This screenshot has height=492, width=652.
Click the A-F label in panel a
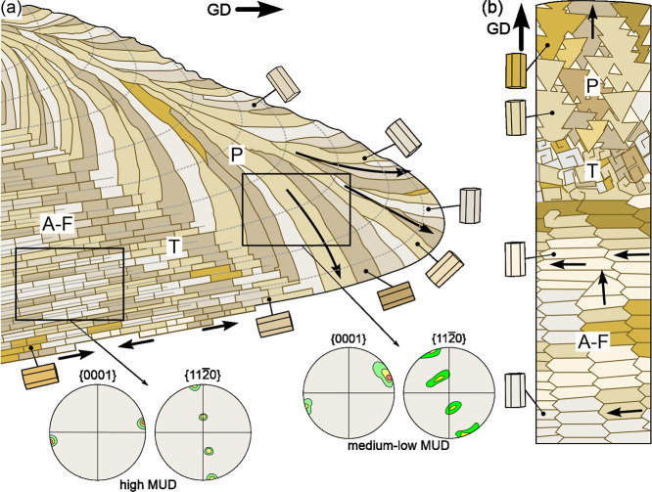pyautogui.click(x=58, y=224)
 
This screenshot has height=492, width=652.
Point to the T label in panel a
pyautogui.click(x=173, y=246)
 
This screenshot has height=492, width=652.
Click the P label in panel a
pyautogui.click(x=236, y=156)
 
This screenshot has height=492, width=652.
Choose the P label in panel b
pyautogui.click(x=592, y=86)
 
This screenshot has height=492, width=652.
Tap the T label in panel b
pyautogui.click(x=591, y=171)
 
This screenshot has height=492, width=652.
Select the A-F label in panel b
pyautogui.click(x=593, y=342)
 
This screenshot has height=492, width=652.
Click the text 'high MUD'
pyautogui.click(x=148, y=484)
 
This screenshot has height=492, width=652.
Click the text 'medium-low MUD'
pyautogui.click(x=398, y=446)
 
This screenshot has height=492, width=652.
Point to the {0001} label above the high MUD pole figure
pyautogui.click(x=97, y=376)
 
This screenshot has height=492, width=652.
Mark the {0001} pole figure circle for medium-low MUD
pyautogui.click(x=349, y=392)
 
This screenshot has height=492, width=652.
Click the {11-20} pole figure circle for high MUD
pyautogui.click(x=203, y=432)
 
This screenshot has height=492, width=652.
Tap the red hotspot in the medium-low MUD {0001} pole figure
pyautogui.click(x=389, y=378)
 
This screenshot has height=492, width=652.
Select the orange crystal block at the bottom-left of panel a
pyautogui.click(x=39, y=376)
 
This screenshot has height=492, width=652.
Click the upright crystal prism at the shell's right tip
pyautogui.click(x=470, y=205)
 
